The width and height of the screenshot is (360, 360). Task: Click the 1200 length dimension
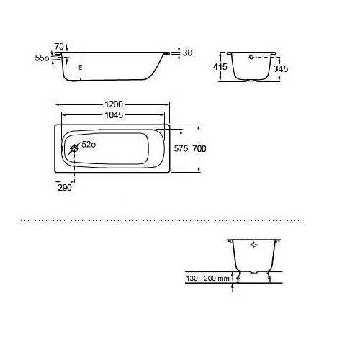click(x=114, y=104)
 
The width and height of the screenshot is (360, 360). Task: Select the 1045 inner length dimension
click(x=114, y=115)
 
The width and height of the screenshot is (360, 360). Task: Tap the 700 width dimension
click(x=199, y=149)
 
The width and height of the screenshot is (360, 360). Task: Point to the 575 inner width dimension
click(x=181, y=149)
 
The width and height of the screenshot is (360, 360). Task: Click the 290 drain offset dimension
click(x=65, y=188)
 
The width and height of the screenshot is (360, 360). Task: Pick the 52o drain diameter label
click(x=89, y=145)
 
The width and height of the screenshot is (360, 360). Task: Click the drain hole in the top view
click(x=75, y=149)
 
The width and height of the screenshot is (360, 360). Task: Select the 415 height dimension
click(x=220, y=67)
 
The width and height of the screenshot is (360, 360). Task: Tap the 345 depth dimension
click(x=281, y=69)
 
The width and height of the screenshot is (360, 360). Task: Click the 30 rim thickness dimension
click(x=187, y=53)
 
